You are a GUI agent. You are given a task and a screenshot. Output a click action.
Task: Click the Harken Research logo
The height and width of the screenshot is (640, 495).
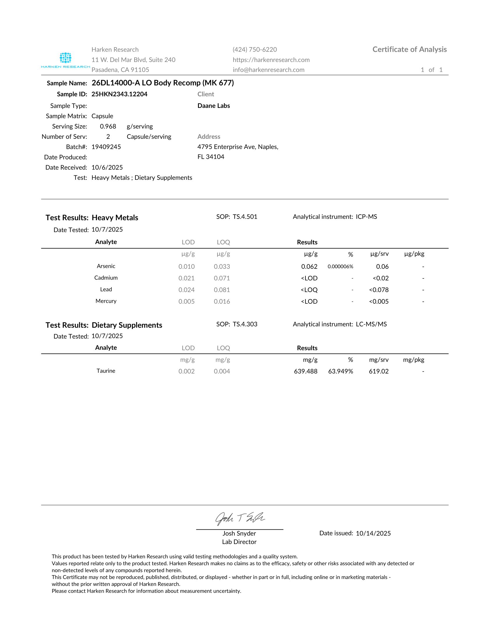[66, 59]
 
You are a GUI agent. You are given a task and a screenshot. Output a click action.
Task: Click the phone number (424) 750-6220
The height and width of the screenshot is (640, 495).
[254, 49]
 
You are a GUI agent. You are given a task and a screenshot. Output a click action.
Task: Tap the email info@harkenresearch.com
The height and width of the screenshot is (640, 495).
[268, 70]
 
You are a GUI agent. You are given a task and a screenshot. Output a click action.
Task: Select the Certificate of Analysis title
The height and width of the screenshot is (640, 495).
[409, 49]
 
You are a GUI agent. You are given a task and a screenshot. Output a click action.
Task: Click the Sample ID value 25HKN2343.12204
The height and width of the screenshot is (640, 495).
[119, 94]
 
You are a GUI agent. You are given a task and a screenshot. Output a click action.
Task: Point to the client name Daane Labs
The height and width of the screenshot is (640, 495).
[213, 106]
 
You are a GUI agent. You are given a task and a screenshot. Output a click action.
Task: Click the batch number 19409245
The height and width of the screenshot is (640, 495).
[106, 147]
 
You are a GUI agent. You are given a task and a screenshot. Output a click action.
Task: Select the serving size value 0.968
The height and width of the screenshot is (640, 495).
[108, 126]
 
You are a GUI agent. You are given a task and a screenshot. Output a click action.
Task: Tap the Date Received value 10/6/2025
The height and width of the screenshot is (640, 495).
[107, 167]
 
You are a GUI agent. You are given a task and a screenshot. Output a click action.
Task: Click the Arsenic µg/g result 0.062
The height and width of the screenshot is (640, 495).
[309, 266]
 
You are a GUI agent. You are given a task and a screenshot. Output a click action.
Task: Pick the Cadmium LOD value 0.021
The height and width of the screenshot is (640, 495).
[187, 278]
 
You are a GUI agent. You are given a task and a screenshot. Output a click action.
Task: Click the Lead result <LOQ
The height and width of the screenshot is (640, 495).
[309, 290]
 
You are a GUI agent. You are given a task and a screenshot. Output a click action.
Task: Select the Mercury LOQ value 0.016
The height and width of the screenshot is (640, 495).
[222, 302]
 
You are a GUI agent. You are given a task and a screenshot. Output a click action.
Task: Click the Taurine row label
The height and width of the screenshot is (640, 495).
[106, 371]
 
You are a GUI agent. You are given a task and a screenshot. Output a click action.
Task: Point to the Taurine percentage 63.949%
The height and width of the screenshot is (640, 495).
[340, 371]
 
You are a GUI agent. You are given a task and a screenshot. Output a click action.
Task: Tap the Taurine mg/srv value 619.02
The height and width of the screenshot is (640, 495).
[379, 371]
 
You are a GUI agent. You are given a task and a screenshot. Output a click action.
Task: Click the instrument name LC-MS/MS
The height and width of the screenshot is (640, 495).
[371, 324]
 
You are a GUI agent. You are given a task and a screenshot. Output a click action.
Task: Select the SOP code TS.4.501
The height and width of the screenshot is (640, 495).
[245, 217]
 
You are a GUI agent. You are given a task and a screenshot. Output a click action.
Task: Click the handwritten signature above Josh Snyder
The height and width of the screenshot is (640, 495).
[240, 519]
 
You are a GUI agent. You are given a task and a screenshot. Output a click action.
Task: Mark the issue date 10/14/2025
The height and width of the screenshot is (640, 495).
[373, 533]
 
